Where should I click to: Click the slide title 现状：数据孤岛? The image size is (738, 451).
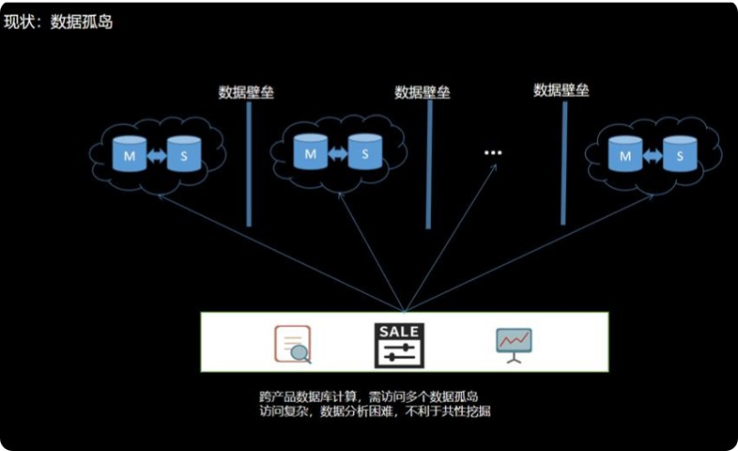click(x=58, y=21)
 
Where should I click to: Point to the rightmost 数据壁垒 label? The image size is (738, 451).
click(x=561, y=90)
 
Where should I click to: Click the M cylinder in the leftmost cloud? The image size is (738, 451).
click(x=130, y=155)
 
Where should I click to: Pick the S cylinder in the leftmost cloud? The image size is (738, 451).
click(x=183, y=155)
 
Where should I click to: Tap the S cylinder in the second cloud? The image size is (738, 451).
click(x=363, y=151)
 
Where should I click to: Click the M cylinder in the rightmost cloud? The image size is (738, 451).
click(x=624, y=155)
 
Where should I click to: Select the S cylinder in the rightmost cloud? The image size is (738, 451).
click(x=679, y=155)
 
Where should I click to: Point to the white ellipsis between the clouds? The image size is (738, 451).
click(x=493, y=152)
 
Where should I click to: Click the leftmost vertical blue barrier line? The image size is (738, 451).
click(x=249, y=164)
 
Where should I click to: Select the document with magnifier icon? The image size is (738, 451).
click(x=292, y=344)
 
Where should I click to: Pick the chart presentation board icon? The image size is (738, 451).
click(x=514, y=344)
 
